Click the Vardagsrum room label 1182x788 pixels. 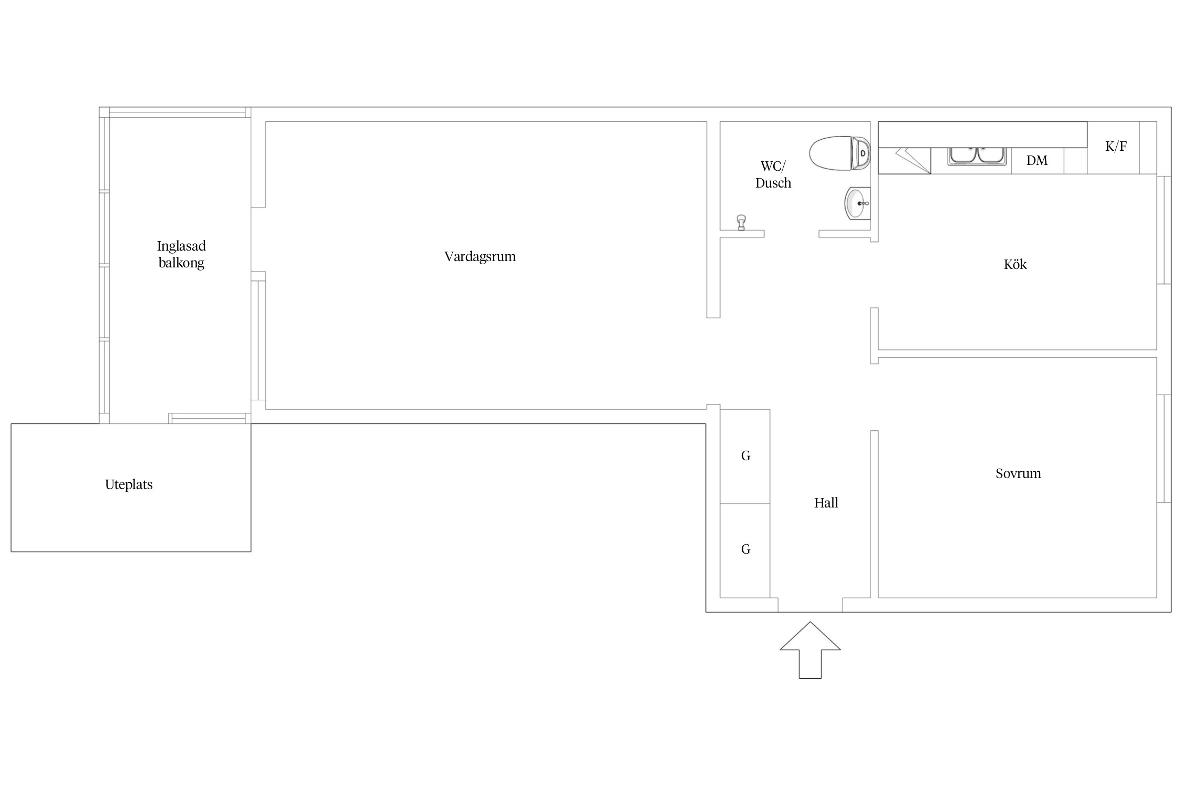480,257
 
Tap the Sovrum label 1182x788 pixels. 1018,473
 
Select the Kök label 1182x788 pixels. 1015,264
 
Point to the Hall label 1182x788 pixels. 826,503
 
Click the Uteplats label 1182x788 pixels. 129,484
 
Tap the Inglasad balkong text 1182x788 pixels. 181,254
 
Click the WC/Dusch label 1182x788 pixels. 773,174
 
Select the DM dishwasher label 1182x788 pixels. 1036,160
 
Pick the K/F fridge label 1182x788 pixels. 1116,146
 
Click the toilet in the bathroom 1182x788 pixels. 839,153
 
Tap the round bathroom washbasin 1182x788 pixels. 857,203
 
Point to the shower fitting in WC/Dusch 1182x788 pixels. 741,222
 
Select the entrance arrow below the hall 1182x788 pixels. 810,650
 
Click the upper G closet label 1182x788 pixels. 745,456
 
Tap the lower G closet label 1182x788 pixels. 745,549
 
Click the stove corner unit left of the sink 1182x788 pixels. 905,161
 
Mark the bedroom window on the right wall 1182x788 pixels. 1164,448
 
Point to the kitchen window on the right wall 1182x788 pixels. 1164,230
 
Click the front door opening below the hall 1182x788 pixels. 810,605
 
